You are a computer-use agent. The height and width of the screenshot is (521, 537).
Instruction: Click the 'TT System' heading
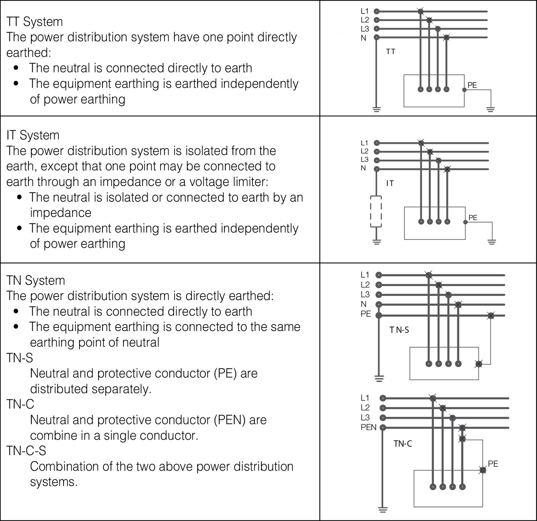tap(35, 22)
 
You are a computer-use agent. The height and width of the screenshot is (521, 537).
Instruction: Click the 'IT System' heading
tap(33, 135)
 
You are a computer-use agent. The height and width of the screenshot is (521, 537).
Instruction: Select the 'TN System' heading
tap(36, 280)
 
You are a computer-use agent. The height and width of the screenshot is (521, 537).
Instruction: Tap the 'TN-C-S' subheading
tap(26, 450)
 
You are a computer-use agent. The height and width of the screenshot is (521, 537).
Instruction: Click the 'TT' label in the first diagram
tap(391, 52)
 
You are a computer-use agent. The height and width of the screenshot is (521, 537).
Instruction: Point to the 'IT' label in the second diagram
tap(390, 183)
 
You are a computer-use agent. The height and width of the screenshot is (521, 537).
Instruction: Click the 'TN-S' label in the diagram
tap(399, 330)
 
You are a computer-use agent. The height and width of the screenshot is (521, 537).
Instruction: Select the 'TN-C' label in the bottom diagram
tap(403, 444)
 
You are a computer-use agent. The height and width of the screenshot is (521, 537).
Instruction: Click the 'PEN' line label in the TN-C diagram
tap(369, 427)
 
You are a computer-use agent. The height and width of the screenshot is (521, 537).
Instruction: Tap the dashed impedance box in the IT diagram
tap(376, 211)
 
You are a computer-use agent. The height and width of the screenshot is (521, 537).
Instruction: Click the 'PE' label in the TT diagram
tap(472, 85)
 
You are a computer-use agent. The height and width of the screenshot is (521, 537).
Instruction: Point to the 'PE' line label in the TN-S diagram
tap(366, 314)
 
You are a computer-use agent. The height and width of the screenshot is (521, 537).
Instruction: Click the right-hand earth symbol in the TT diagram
tap(490, 109)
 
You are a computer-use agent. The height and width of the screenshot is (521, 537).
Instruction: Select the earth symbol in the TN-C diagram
tap(383, 509)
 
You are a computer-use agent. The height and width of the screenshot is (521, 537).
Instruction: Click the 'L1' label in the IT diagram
tap(364, 143)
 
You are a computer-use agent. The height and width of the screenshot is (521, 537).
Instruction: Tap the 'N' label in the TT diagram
tap(364, 38)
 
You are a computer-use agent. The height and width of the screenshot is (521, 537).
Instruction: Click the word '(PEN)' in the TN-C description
tap(229, 420)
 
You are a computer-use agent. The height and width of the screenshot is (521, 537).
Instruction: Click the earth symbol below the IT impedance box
tap(376, 242)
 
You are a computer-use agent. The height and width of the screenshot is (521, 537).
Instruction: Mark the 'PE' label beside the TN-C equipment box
tap(493, 464)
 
